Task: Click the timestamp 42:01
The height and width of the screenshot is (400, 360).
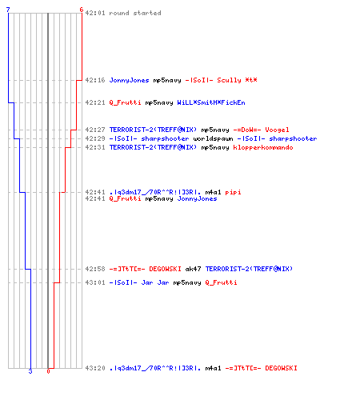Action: pyautogui.click(x=95, y=13)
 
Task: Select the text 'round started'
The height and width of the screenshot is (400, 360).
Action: pyautogui.click(x=135, y=13)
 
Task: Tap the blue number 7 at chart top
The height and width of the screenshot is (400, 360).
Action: pyautogui.click(x=8, y=10)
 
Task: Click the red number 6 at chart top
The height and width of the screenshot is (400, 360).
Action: pyautogui.click(x=82, y=10)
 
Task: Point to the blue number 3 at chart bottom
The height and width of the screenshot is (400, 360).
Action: pyautogui.click(x=30, y=371)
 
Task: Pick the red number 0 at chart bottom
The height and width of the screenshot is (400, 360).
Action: pyautogui.click(x=48, y=371)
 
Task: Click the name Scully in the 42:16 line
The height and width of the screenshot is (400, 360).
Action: pyautogui.click(x=229, y=80)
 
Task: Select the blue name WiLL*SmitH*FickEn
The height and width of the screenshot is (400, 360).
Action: pyautogui.click(x=211, y=102)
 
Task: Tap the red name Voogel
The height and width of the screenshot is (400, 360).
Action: pyautogui.click(x=277, y=130)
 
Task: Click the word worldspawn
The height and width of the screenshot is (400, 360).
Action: pyautogui.click(x=213, y=138)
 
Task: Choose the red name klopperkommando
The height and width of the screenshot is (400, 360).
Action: pyautogui.click(x=263, y=147)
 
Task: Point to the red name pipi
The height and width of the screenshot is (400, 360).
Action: pyautogui.click(x=233, y=192)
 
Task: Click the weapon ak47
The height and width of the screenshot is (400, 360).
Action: pyautogui.click(x=193, y=269)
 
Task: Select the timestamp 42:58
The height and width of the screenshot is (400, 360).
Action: pyautogui.click(x=95, y=269)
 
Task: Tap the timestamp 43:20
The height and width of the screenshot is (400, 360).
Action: pyautogui.click(x=95, y=368)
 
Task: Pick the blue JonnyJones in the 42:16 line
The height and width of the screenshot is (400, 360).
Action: pyautogui.click(x=129, y=80)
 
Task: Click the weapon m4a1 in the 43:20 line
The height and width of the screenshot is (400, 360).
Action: pyautogui.click(x=213, y=368)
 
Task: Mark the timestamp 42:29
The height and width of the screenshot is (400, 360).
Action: pyautogui.click(x=95, y=138)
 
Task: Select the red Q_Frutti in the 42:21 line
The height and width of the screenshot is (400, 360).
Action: pyautogui.click(x=125, y=102)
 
